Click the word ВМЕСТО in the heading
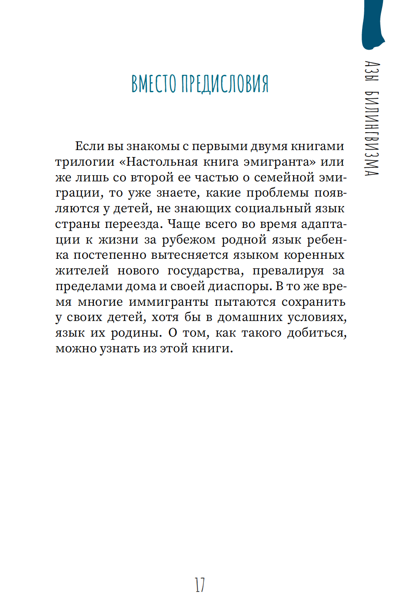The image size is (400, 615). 154,84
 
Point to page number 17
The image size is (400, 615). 200,585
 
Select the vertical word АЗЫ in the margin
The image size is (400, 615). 372,71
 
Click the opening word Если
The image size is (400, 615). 90,146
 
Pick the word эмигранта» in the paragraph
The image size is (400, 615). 279,162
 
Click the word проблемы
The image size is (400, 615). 278,193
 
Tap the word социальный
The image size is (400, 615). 272,208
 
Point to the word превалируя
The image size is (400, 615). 288,271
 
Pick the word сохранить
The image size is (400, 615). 313,302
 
